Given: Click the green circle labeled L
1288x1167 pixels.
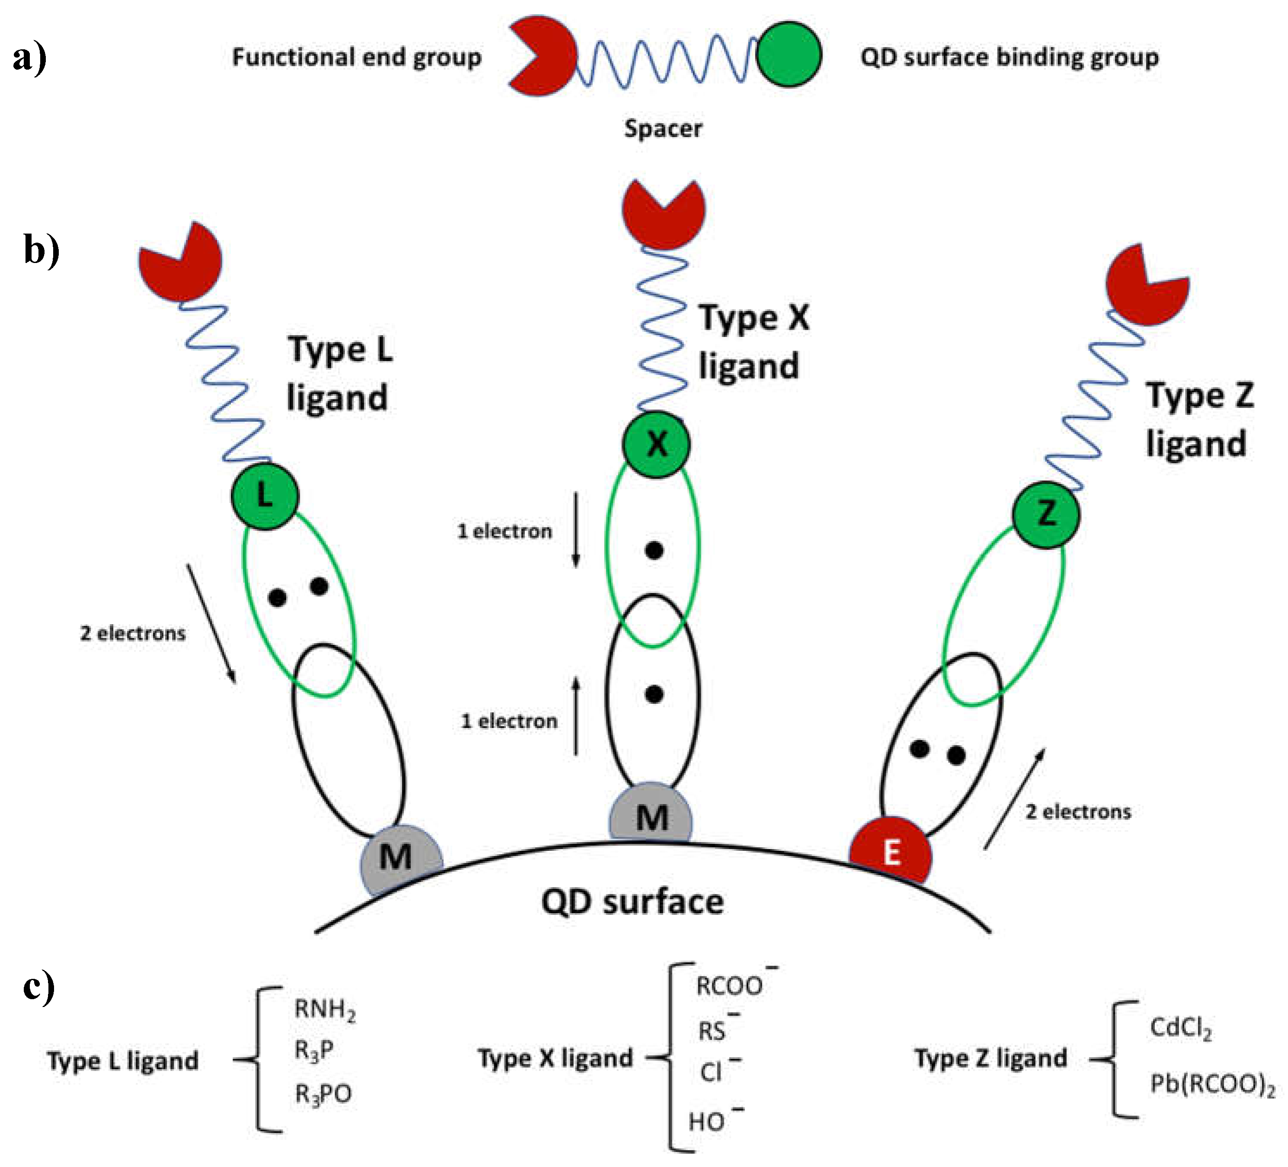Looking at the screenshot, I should [265, 497].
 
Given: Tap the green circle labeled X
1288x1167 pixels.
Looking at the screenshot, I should [656, 443].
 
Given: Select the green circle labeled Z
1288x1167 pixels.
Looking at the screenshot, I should [1046, 514].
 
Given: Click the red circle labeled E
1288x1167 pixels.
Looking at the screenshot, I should [890, 852].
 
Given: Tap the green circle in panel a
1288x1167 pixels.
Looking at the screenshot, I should [789, 55].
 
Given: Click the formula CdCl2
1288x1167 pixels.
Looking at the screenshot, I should [1181, 1028].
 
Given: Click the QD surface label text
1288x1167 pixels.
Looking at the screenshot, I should [633, 902].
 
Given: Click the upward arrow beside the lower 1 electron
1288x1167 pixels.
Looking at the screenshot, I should [575, 716].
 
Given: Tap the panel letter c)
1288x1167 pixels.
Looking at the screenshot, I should [38, 987].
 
